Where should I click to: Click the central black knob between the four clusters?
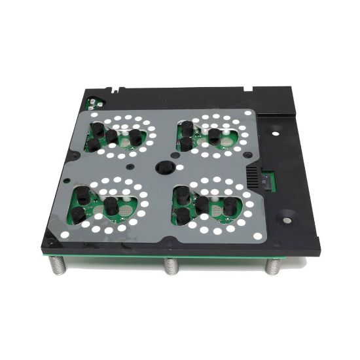tap(165, 167)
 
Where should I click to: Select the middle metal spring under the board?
tap(171, 266)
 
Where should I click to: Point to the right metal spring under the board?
tap(273, 266)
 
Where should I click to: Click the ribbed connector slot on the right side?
tap(253, 175)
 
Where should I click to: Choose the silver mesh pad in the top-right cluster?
tap(226, 139)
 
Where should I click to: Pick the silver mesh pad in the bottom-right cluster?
tap(215, 210)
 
